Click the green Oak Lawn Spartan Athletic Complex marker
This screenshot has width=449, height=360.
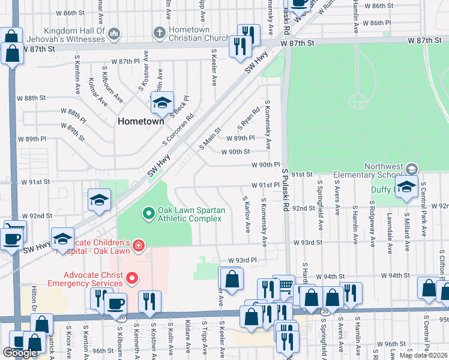[x=148, y=213]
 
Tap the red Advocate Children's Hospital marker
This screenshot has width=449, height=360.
[x=139, y=245]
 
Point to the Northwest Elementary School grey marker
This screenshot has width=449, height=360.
[x=411, y=168]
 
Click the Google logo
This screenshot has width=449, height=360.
[x=20, y=353]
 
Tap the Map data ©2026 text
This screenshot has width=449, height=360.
[x=424, y=355]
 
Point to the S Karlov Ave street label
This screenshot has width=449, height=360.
[x=246, y=214]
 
